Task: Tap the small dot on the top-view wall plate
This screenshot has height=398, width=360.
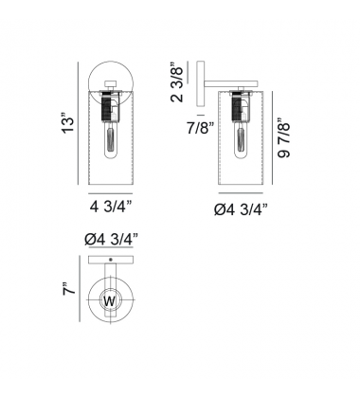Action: coord(110,259)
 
